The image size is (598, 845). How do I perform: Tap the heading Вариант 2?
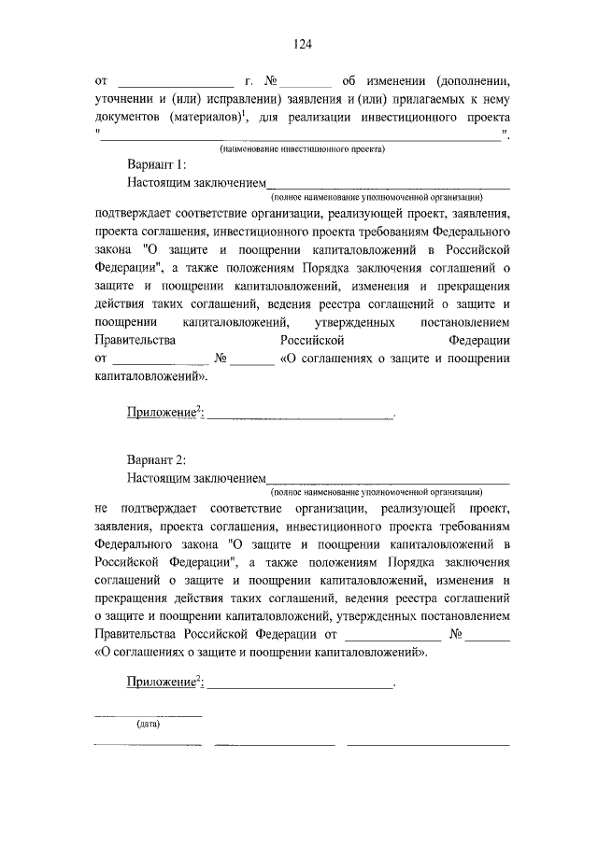[157, 458]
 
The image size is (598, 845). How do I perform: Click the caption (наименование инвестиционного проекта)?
[303, 148]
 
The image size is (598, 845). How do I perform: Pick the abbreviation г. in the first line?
[249, 80]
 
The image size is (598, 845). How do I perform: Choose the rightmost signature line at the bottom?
[428, 744]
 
